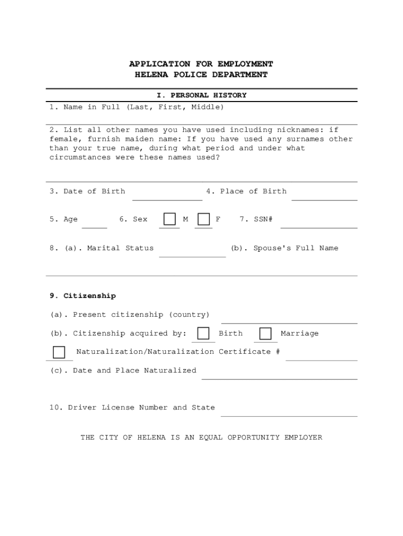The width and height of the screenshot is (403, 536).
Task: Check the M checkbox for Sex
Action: (x=169, y=219)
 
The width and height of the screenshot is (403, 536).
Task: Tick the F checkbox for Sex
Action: (x=204, y=219)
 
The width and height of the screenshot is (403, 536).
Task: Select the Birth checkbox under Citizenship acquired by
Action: (x=204, y=333)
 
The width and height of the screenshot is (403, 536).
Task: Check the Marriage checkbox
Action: (x=266, y=333)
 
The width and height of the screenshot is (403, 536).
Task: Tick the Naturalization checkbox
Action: (x=59, y=352)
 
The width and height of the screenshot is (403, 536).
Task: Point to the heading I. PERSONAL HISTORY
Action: (x=201, y=95)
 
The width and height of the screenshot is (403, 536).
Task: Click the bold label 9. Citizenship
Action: (x=83, y=296)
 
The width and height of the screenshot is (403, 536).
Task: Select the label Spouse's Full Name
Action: (x=296, y=248)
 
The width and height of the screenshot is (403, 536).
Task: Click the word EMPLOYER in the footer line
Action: (x=303, y=437)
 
